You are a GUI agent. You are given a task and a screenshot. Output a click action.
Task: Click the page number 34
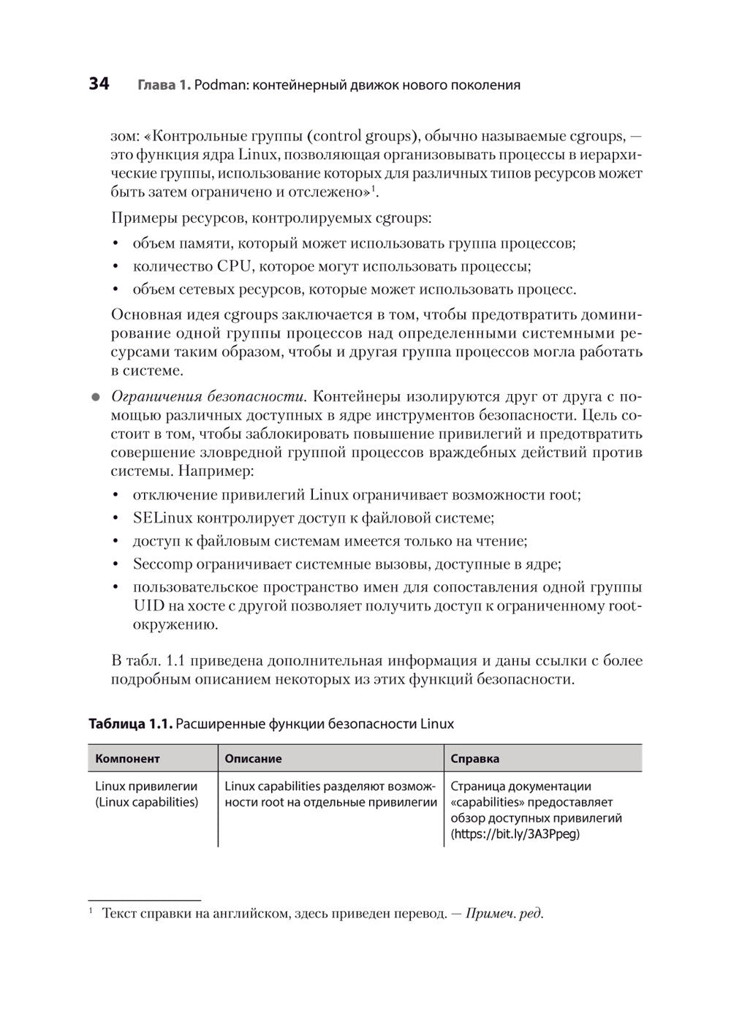(x=99, y=84)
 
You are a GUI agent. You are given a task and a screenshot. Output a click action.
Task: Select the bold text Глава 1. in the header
(x=164, y=85)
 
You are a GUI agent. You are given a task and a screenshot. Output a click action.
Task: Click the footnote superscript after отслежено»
(x=374, y=189)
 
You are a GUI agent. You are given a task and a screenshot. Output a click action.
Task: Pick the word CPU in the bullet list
(x=235, y=266)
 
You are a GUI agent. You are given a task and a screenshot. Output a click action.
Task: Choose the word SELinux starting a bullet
(x=162, y=518)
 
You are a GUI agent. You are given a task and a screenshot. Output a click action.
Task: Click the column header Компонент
(x=127, y=759)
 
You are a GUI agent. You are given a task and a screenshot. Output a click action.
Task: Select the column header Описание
(x=253, y=759)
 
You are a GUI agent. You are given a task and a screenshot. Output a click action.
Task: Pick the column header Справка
(x=475, y=759)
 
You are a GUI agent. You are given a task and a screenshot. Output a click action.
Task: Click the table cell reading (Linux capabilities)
(x=146, y=802)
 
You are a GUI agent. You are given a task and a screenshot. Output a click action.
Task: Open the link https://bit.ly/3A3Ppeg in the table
(x=515, y=833)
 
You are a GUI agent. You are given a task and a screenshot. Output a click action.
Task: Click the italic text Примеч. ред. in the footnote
(x=504, y=914)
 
